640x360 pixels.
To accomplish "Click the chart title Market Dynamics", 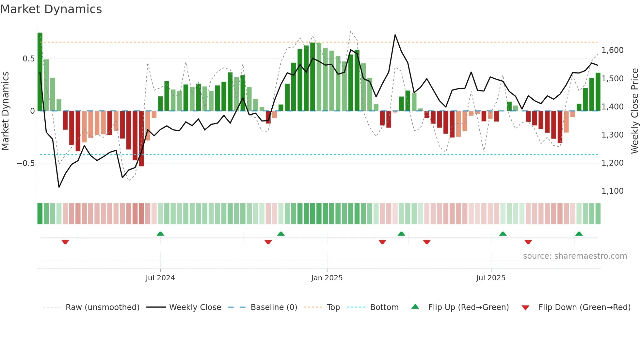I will pos(51,9).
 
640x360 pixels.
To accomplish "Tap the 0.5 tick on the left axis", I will pos(28,59).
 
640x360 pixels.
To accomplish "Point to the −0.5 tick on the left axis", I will pos(26,163).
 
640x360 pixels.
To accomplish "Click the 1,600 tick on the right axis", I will pos(613,50).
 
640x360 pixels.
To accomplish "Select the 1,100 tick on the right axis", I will pos(613,191).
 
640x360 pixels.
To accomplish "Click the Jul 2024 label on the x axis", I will pos(160,278).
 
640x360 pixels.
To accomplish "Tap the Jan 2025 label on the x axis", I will pos(327,278).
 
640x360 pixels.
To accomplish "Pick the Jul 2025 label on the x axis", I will pos(491,278).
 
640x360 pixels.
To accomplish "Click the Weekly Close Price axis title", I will pos(634,111).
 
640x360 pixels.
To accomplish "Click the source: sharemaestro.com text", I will pos(575,256).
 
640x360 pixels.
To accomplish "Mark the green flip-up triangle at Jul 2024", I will pos(160,234).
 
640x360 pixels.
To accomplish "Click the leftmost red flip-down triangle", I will pos(65,242).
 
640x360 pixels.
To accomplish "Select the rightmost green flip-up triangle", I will pos(579,234).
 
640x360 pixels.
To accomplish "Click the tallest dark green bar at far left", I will pos(40,72).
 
